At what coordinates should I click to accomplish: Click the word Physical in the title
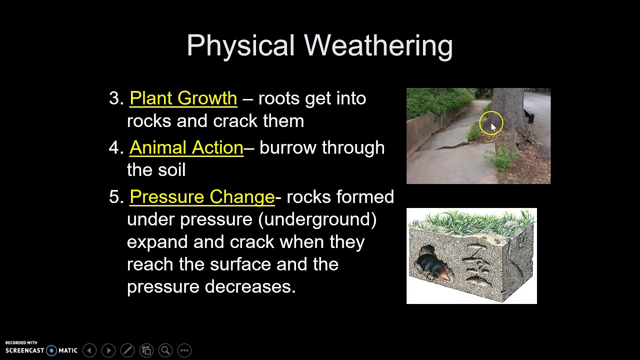click(x=240, y=46)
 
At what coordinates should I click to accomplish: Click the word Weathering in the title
click(x=378, y=46)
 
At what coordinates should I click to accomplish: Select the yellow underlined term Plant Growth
click(x=183, y=98)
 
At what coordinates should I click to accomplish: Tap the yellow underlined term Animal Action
click(x=186, y=148)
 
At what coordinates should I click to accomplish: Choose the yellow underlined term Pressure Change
click(x=202, y=197)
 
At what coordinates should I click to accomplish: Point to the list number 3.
click(x=114, y=98)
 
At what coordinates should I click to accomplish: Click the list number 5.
click(x=114, y=197)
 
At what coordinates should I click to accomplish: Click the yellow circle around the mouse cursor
click(x=491, y=123)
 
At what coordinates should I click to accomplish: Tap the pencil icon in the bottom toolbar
click(x=127, y=350)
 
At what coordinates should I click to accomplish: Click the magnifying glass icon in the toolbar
click(x=165, y=350)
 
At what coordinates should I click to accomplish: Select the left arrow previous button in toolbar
click(x=89, y=350)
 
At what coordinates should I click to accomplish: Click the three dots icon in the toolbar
click(x=184, y=350)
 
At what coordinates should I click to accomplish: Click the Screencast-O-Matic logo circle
click(x=51, y=350)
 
